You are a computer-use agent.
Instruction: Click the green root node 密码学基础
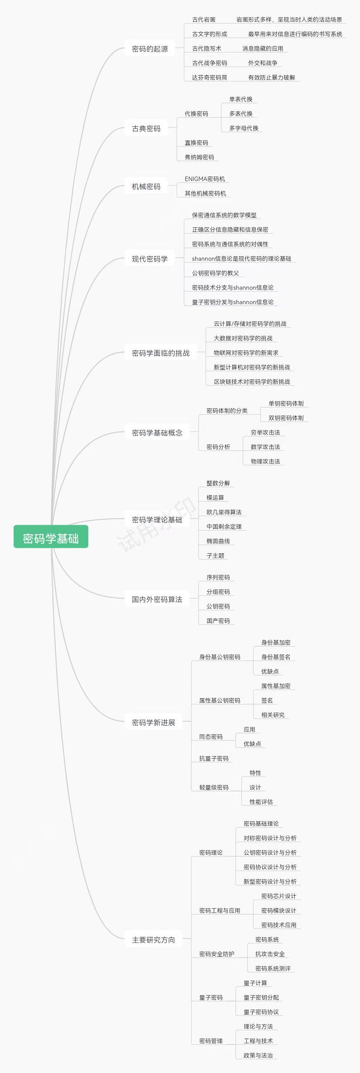point(51,538)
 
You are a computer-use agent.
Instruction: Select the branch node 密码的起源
point(150,49)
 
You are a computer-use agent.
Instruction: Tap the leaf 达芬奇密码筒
point(209,77)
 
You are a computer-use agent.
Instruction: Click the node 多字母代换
point(244,128)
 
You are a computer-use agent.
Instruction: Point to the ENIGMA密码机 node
point(205,179)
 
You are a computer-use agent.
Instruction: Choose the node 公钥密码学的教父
point(215,273)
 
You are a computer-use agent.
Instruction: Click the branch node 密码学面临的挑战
point(161,353)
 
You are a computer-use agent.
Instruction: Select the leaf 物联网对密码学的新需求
point(246,353)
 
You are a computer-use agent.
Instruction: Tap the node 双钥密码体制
point(286,418)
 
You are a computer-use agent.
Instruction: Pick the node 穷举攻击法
point(265,432)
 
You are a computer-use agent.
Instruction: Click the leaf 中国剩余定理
point(224,527)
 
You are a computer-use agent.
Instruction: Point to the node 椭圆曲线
point(218,541)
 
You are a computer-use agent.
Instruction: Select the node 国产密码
point(218,621)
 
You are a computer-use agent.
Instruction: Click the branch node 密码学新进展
point(154,723)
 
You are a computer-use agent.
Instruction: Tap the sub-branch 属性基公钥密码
point(220,700)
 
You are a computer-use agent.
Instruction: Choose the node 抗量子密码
point(214,758)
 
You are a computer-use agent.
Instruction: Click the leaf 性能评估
point(261,802)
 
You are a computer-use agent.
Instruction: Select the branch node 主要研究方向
point(154,940)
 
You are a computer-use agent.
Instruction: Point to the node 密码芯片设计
point(278,896)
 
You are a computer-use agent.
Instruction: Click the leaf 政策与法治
point(258,1055)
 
